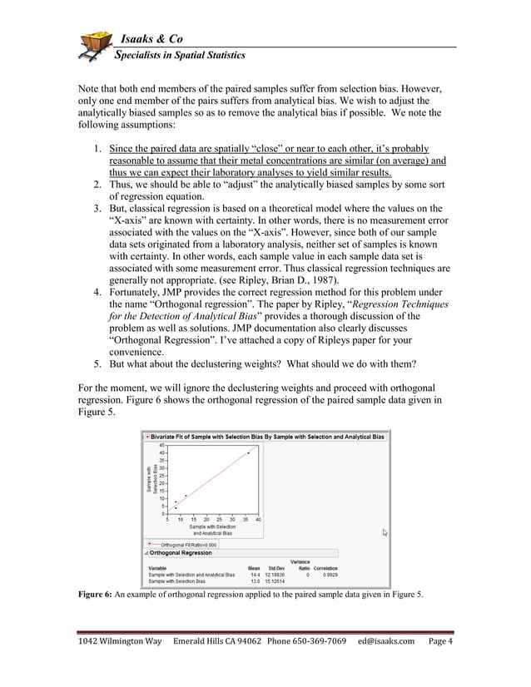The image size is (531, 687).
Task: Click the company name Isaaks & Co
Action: (x=151, y=39)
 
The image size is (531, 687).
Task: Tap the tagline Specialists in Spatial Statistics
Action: (x=180, y=56)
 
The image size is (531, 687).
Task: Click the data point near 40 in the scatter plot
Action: (x=249, y=452)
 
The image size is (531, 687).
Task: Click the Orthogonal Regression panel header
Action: (x=181, y=553)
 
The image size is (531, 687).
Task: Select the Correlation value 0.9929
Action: (x=325, y=575)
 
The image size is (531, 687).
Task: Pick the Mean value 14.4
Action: (x=255, y=575)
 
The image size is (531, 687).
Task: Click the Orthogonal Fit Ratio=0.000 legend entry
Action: (x=189, y=545)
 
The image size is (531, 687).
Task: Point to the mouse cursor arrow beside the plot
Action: (x=385, y=532)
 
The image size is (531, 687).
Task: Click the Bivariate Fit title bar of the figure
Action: (x=266, y=436)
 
